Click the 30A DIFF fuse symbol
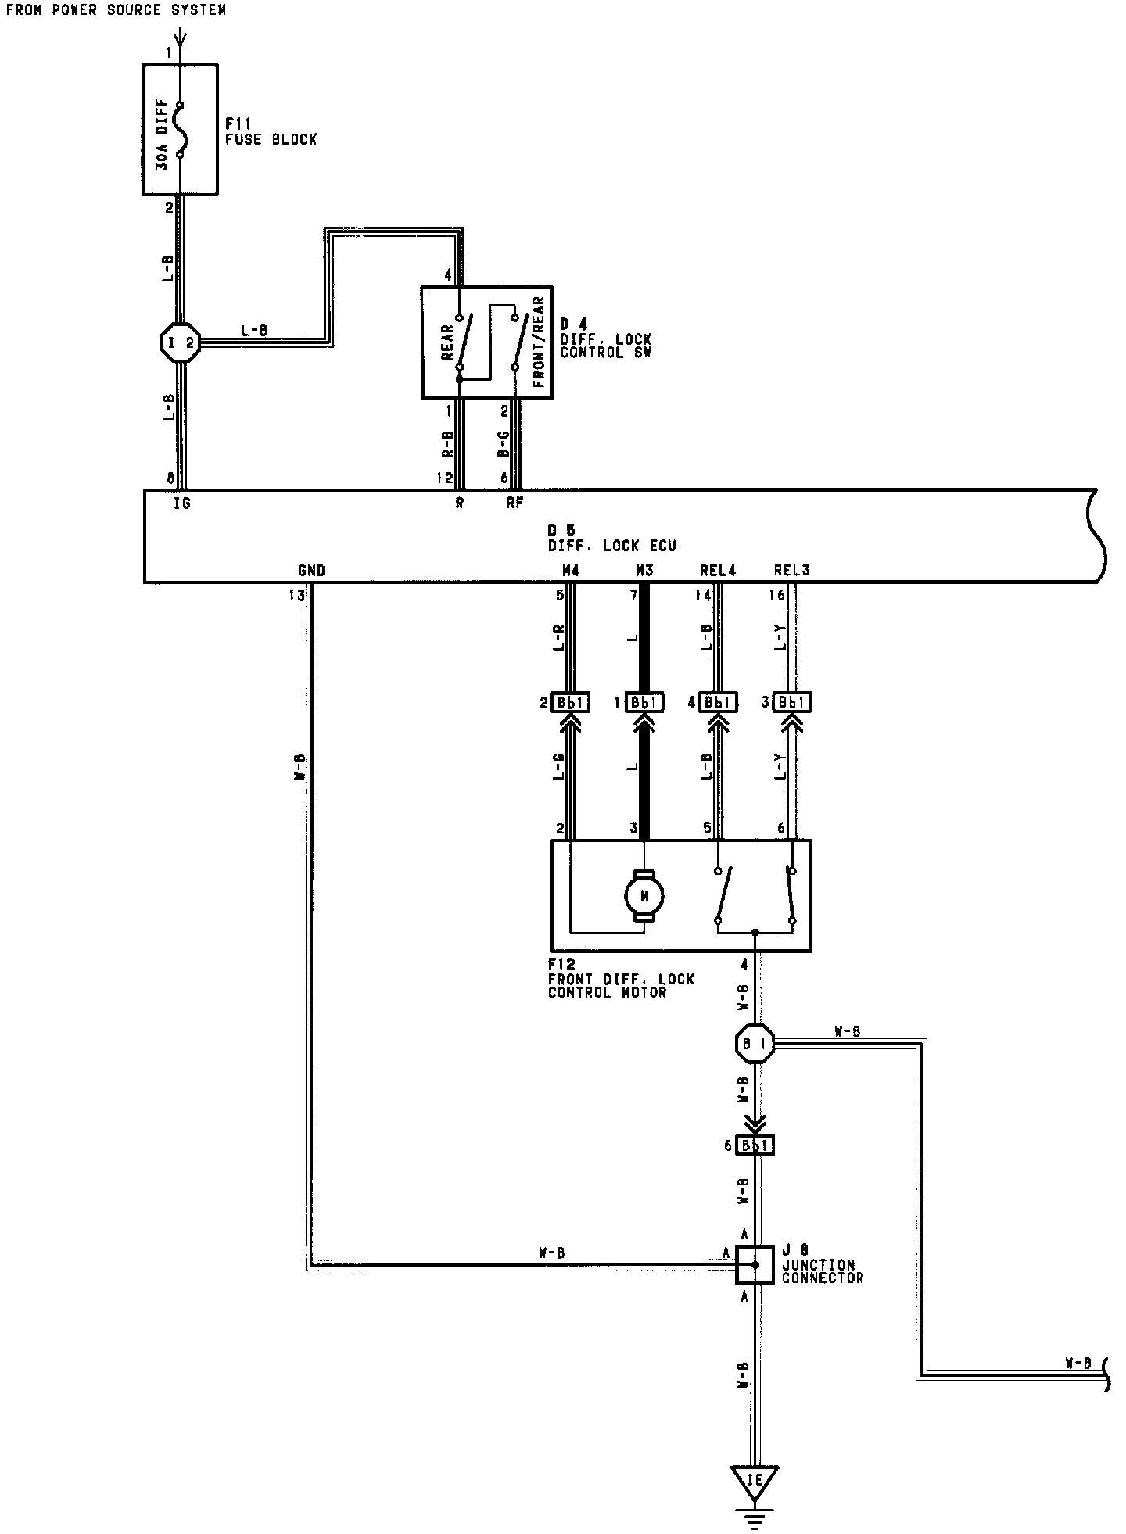point(180,129)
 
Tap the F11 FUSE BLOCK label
point(271,132)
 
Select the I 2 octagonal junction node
point(179,342)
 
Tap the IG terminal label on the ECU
point(181,504)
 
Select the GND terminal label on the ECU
point(311,571)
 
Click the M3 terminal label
point(644,571)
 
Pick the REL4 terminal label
point(718,571)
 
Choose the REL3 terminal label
point(791,571)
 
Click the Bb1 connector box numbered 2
point(571,702)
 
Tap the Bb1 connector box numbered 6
point(755,1145)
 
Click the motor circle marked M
point(644,896)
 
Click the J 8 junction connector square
point(755,1264)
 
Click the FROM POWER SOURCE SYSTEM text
point(116,10)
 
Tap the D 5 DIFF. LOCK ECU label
point(612,538)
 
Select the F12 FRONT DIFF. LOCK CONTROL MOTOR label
point(621,979)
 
